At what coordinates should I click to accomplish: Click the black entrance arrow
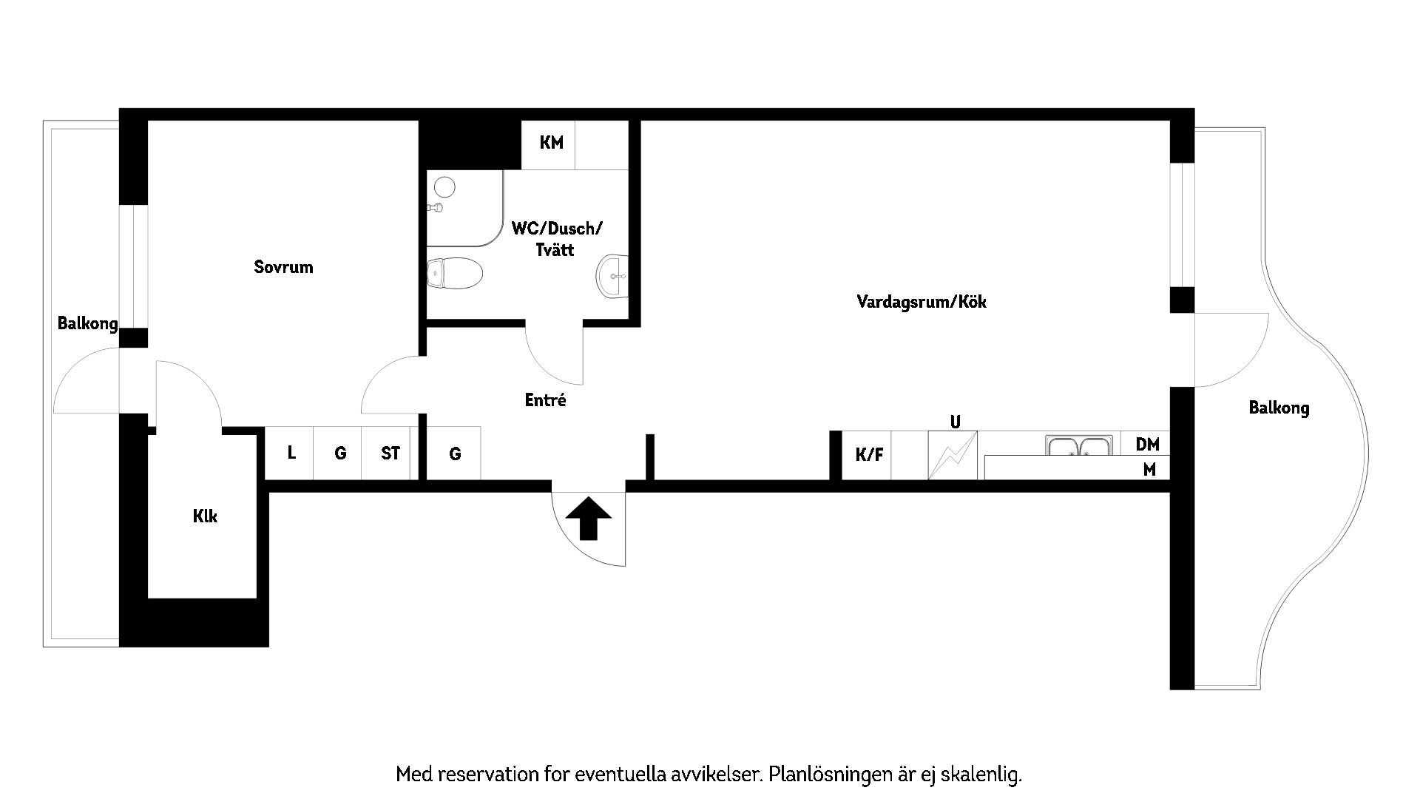point(589,518)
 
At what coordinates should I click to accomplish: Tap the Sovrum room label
point(283,267)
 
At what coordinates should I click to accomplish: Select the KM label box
point(551,143)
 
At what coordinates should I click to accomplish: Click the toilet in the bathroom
point(454,274)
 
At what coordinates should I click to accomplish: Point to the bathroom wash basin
point(612,276)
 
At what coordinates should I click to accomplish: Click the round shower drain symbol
point(444,186)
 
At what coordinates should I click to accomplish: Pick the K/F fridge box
point(869,455)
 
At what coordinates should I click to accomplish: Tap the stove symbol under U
point(953,456)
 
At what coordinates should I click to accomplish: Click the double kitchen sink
point(1079,447)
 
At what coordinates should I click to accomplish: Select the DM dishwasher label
point(1147,444)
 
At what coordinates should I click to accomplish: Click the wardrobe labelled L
point(291,453)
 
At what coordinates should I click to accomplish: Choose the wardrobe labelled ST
point(390,453)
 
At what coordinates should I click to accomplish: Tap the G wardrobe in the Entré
point(455,454)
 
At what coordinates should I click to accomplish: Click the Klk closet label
point(205,516)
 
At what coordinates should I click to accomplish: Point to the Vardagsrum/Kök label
point(921,302)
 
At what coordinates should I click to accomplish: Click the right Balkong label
point(1279,408)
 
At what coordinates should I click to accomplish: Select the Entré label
point(545,400)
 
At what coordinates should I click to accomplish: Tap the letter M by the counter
point(1149,469)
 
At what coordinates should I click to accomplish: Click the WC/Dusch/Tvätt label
point(556,238)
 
